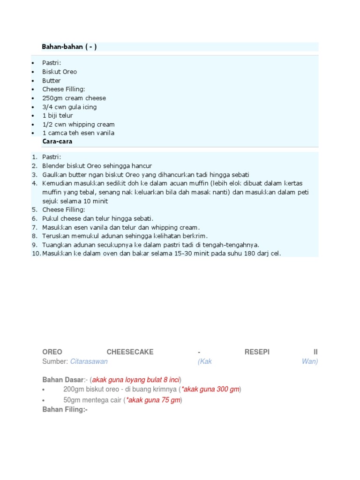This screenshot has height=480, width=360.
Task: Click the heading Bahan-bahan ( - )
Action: (x=69, y=47)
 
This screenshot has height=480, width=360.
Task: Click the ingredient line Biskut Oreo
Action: (x=60, y=72)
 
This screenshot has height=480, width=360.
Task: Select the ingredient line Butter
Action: (x=52, y=81)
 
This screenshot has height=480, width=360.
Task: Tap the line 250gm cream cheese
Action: (x=74, y=98)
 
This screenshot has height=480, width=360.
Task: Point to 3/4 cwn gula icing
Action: (x=69, y=107)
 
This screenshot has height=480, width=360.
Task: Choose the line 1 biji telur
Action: (x=58, y=115)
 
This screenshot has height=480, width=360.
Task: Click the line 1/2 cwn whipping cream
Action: (x=78, y=124)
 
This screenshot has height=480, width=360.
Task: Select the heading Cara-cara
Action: (x=57, y=141)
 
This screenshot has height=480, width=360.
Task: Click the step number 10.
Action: (x=36, y=254)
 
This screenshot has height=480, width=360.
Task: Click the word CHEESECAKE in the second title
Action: (x=130, y=352)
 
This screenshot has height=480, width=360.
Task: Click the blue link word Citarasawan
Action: (x=89, y=361)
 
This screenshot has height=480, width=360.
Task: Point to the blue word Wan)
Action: (x=310, y=361)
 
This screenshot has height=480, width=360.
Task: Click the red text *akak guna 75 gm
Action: (x=153, y=400)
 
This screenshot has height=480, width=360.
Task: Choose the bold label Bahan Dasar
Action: (x=62, y=379)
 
